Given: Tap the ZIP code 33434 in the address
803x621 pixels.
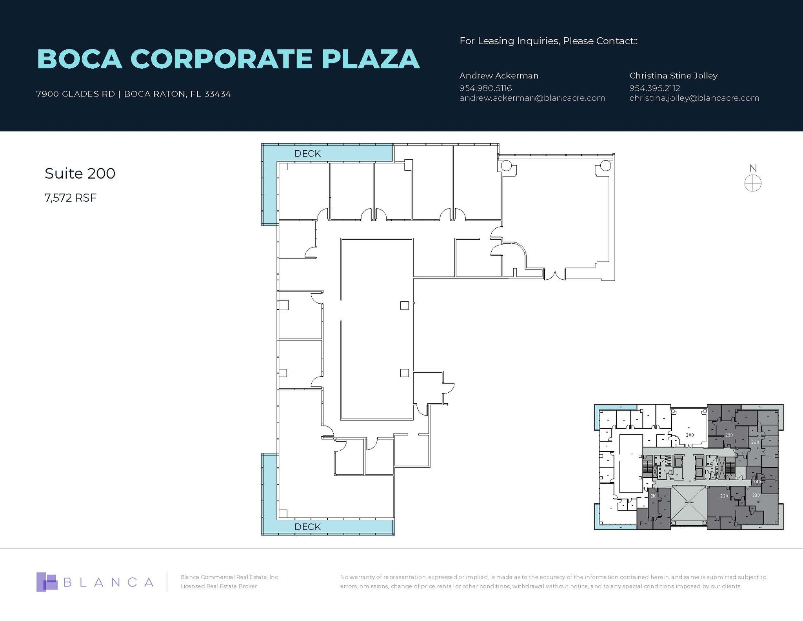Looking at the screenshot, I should coord(217,94).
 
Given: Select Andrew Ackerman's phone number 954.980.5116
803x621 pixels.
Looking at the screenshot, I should coord(485,88).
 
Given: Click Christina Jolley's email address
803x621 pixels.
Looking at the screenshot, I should coord(694,98).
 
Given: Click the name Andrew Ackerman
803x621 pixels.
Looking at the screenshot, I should coord(499,76).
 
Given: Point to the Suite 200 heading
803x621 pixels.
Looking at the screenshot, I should coord(80,173).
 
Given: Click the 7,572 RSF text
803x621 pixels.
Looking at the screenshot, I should coord(71,198).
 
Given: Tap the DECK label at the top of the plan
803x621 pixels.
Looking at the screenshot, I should coord(307,154).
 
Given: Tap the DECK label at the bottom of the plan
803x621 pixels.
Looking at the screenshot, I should coord(307,527).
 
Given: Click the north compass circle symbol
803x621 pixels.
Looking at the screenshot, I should coord(753,183).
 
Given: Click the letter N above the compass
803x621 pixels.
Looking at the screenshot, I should coord(753,168).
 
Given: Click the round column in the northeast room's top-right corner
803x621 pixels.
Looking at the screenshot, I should coord(605,166).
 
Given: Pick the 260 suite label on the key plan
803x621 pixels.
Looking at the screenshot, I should coord(729,435).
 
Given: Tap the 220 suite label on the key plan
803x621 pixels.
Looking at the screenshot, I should coord(724,496).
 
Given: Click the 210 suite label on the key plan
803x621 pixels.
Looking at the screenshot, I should coord(653,496).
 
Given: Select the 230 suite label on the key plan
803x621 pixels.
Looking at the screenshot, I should coord(756,495).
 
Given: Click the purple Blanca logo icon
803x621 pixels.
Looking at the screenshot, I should coord(46,582).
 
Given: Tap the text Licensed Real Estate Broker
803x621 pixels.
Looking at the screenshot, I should coord(218,586).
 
